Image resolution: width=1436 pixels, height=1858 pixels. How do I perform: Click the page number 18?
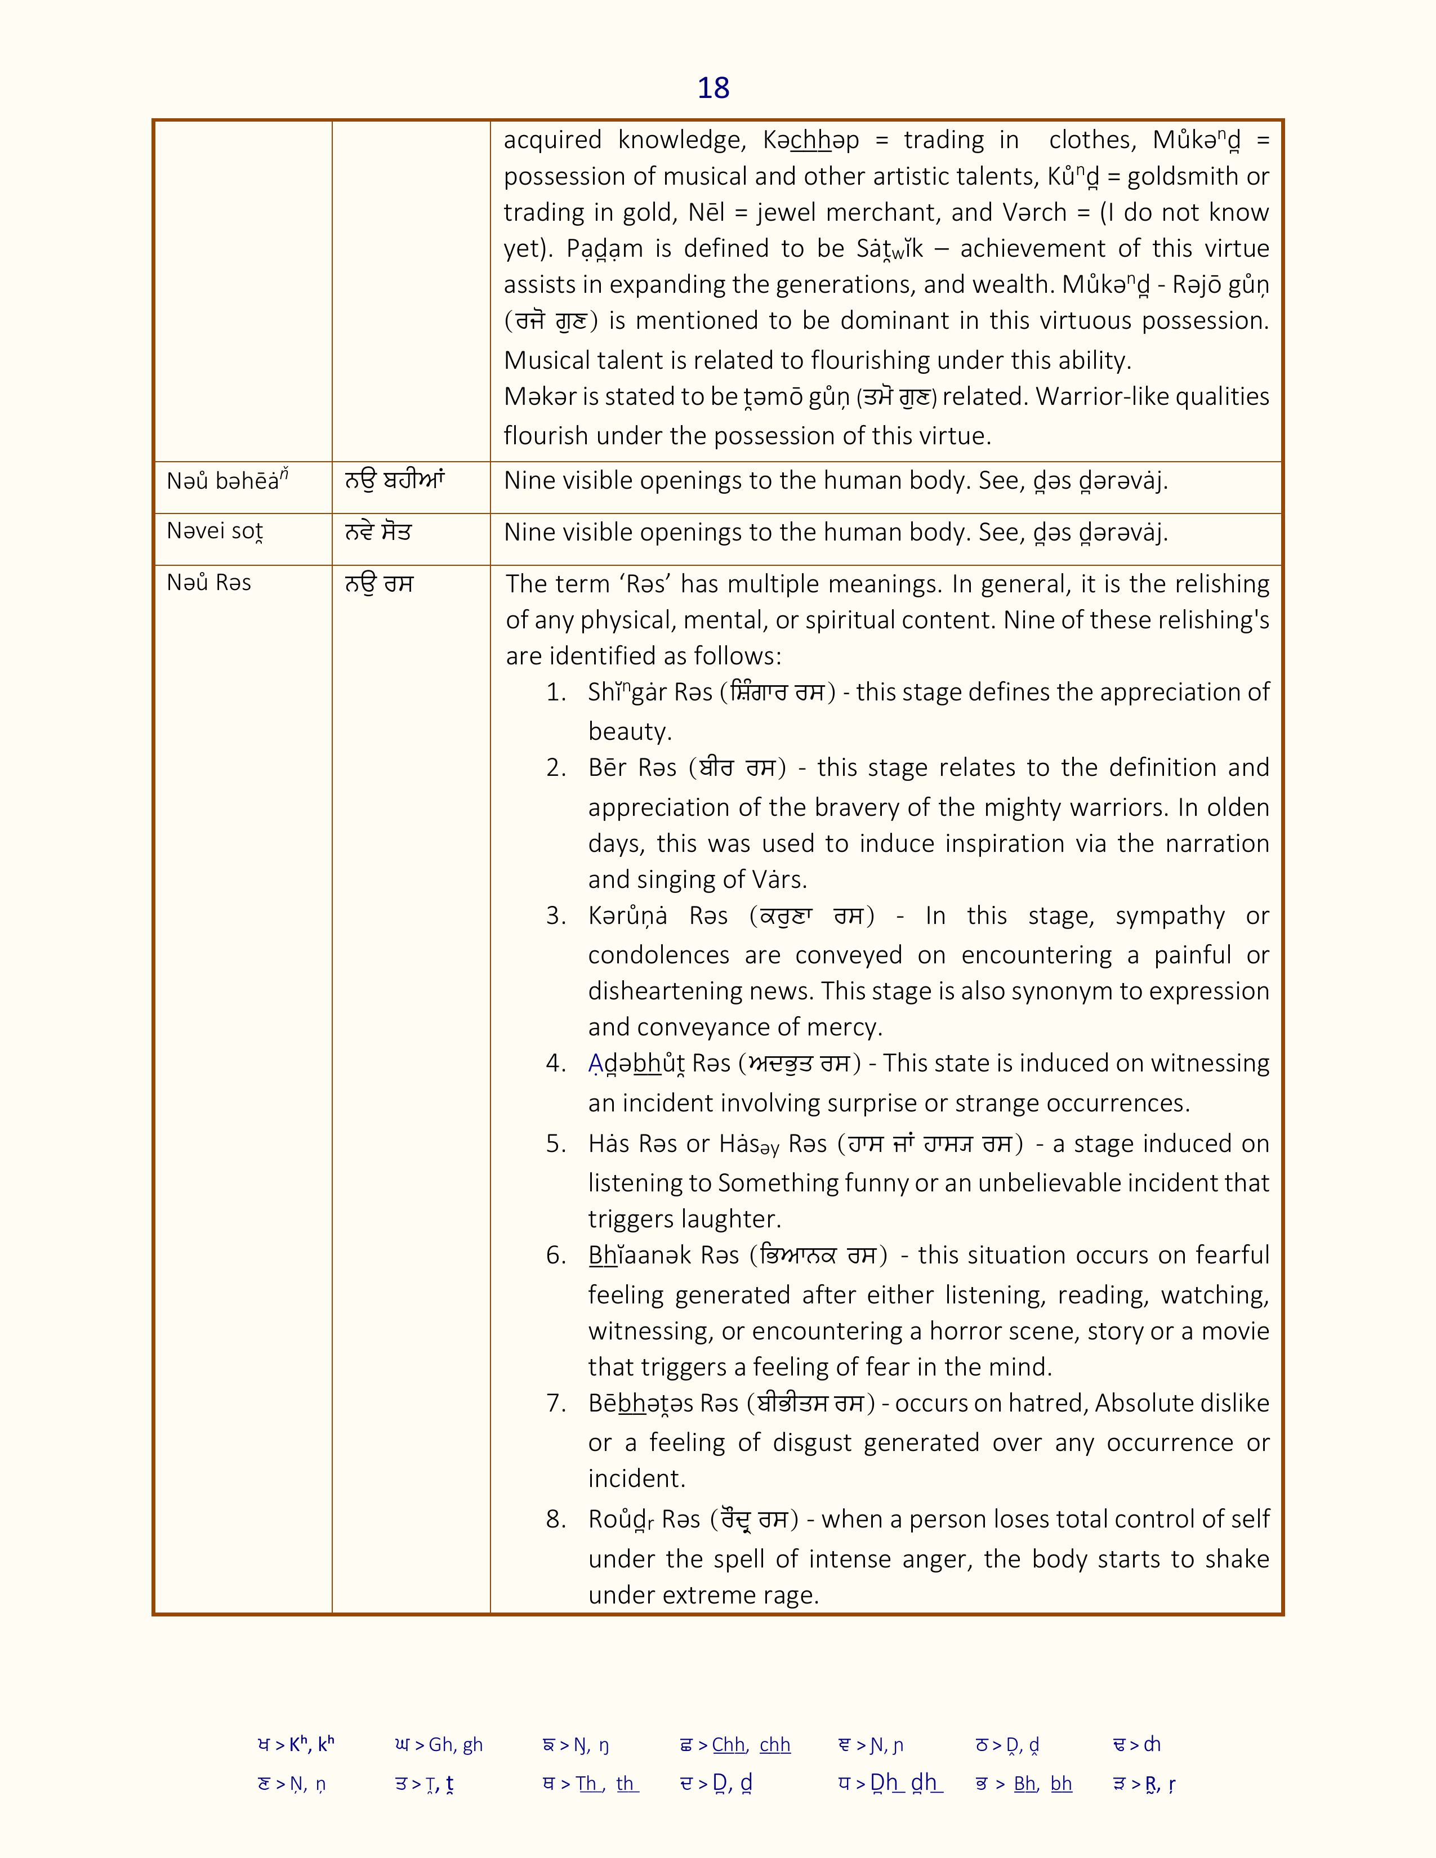(x=713, y=88)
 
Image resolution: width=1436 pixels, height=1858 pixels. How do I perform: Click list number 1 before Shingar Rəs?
(x=556, y=693)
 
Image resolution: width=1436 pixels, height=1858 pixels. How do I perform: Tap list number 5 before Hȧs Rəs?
(x=556, y=1144)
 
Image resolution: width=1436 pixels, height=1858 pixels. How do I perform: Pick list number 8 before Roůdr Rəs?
(x=556, y=1520)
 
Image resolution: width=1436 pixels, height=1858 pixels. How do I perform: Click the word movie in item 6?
(x=1234, y=1330)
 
